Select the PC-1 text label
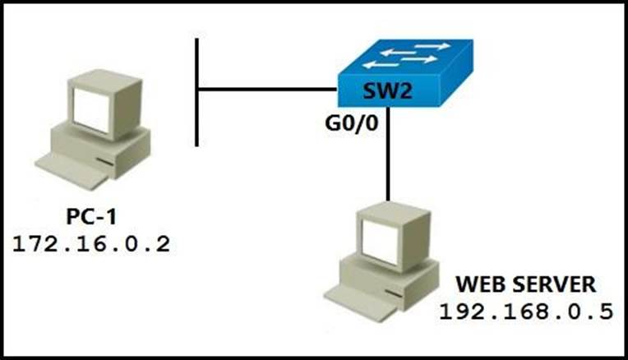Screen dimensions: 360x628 94,218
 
